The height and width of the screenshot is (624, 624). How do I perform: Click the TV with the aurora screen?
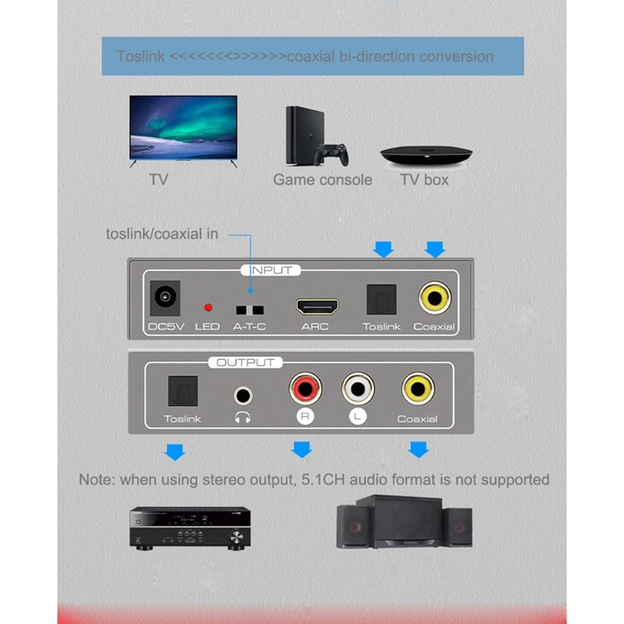click(183, 129)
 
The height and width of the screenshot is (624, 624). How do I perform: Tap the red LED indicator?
click(207, 307)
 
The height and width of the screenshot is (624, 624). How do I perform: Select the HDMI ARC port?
click(315, 304)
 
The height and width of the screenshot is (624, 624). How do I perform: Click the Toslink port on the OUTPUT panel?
click(183, 390)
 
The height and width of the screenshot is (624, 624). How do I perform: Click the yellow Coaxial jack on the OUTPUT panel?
click(417, 387)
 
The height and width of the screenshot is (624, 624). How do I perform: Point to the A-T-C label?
click(250, 326)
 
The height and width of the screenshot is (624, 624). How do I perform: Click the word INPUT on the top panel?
click(271, 270)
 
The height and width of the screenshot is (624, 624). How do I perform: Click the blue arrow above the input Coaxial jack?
click(434, 249)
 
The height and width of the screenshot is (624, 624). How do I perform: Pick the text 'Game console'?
click(322, 179)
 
